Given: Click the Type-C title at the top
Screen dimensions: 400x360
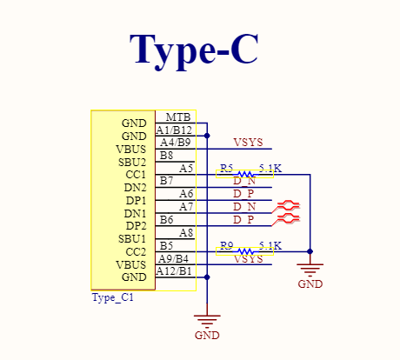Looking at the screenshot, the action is [x=194, y=50].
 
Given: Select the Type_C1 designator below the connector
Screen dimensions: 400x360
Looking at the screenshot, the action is [x=113, y=297].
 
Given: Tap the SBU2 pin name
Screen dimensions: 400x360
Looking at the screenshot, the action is [x=132, y=163].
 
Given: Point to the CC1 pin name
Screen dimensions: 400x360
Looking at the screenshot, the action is [x=136, y=175].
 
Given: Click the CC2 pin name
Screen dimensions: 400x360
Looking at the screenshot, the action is [x=136, y=252].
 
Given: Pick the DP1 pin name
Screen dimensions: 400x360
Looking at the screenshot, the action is [x=136, y=201].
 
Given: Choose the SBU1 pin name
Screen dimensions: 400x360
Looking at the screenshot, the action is [x=132, y=239].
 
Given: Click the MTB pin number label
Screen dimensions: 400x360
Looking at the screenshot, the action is [x=178, y=117].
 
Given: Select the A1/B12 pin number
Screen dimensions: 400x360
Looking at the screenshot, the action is [x=174, y=130].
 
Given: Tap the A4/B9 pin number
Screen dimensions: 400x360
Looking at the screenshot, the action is [x=176, y=143].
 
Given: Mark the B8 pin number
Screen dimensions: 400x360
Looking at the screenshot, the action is [x=166, y=156].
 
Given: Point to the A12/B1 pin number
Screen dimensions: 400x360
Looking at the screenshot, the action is [x=174, y=271].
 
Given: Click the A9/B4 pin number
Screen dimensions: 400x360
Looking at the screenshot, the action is [x=173, y=258].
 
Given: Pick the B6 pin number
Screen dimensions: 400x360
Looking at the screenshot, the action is [x=166, y=220].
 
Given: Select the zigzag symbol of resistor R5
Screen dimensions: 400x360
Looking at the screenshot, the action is [x=245, y=174].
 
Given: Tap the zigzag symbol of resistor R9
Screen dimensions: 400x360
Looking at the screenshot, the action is [x=245, y=251].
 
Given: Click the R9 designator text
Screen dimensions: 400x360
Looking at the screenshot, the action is [x=227, y=246].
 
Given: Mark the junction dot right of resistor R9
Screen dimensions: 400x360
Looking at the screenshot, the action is [x=310, y=251].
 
